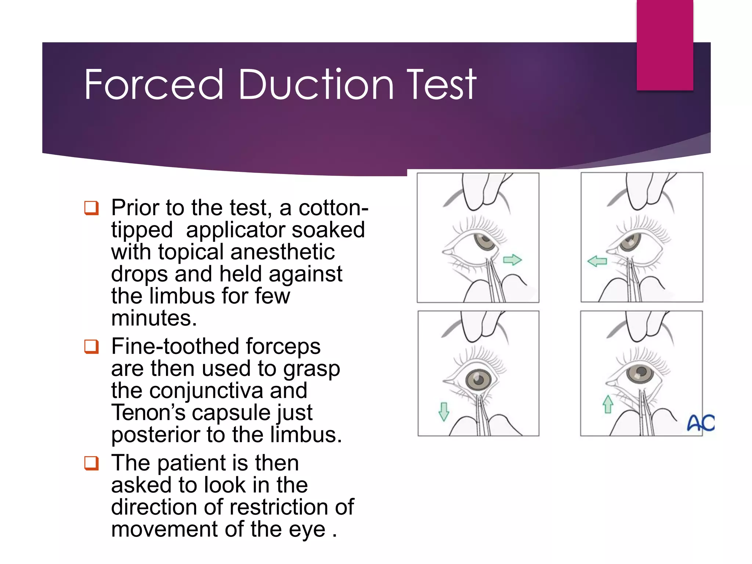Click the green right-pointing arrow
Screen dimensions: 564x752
point(512,260)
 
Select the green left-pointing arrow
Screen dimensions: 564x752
point(597,261)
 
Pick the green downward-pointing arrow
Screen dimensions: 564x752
point(444,412)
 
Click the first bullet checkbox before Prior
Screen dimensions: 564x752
point(91,208)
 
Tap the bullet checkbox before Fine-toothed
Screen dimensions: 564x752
point(91,346)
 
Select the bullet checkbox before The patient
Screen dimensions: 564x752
point(91,463)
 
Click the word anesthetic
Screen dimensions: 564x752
point(283,252)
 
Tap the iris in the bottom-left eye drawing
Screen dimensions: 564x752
point(478,379)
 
